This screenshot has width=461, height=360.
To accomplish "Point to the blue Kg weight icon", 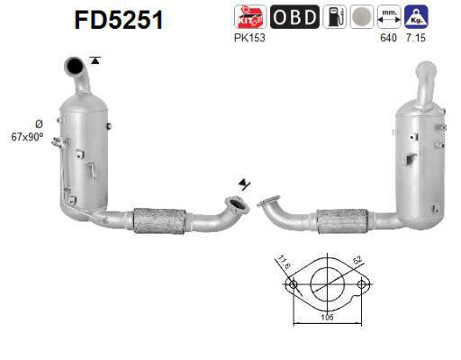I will pos(416,16).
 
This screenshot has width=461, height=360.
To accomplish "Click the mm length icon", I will pos(388,16).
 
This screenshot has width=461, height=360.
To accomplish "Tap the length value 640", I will pos(387,38).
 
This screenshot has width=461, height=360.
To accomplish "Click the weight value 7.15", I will pos(416,38).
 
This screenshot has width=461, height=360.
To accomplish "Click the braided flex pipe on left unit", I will pos(159,220).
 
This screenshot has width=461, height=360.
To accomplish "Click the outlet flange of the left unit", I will pos(237,210).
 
